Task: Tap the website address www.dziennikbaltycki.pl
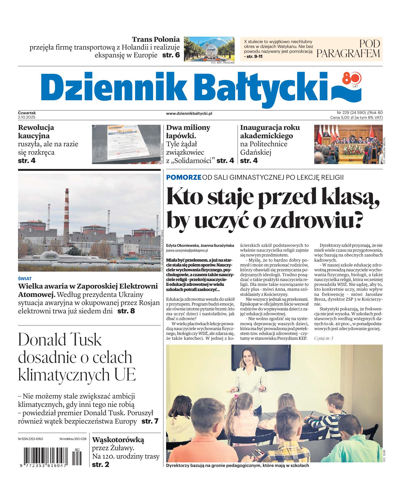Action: [189, 113]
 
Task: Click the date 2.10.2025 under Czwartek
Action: [27, 117]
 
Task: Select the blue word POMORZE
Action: [184, 177]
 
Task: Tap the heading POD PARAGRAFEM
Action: [348, 49]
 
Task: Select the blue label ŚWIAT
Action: [25, 279]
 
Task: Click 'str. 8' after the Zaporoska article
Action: [126, 311]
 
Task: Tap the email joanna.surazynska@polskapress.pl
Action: [187, 250]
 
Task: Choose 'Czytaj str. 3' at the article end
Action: [324, 338]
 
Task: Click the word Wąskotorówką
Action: [118, 440]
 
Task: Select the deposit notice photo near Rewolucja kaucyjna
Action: [126, 144]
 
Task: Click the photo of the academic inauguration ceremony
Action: [347, 144]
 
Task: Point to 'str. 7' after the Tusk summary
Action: [150, 421]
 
